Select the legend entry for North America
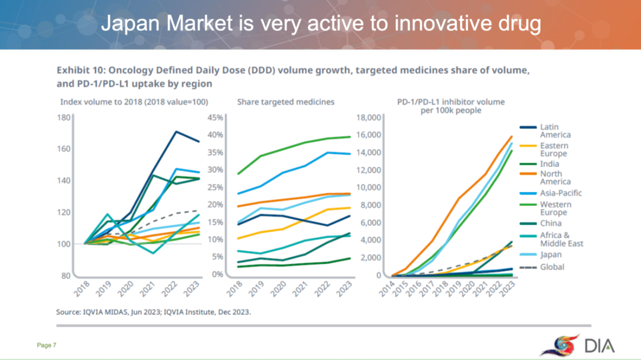point(555,177)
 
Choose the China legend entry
point(550,224)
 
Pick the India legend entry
point(549,164)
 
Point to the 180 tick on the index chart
point(64,117)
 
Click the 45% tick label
point(215,117)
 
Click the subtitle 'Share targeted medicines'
point(285,102)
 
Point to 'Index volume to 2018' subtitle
point(136,102)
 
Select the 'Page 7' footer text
point(46,345)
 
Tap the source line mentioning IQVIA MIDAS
point(153,312)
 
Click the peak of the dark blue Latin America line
point(175,131)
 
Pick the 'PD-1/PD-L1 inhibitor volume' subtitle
point(451,102)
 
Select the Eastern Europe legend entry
point(554,149)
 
